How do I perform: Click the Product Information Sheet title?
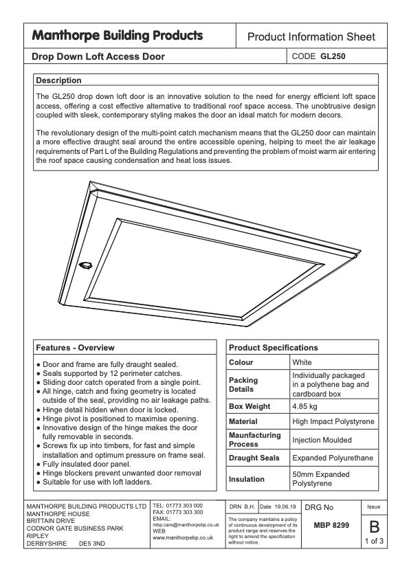pos(311,37)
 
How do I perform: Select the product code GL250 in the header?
pos(333,56)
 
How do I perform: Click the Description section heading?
pos(58,80)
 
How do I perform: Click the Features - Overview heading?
pos(75,348)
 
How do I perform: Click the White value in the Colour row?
pos(302,362)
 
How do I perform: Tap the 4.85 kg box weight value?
pos(305,406)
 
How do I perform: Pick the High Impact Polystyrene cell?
pos(331,421)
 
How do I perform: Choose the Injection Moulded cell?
pos(322,440)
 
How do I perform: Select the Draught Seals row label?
pos(253,458)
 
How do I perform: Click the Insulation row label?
pos(246,479)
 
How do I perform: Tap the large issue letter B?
pos(374,528)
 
